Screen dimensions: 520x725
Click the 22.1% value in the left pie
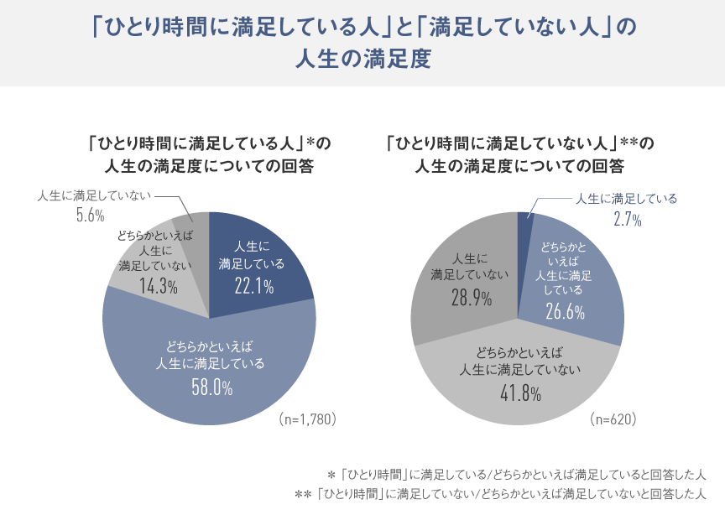(254, 287)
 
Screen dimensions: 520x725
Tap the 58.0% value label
(210, 387)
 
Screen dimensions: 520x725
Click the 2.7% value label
(627, 220)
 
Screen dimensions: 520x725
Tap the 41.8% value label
(517, 392)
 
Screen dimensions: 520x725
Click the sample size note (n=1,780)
(307, 419)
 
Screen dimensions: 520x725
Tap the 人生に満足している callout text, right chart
(625, 199)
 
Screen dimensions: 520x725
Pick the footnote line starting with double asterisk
(500, 495)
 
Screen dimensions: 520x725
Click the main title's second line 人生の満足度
(362, 61)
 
